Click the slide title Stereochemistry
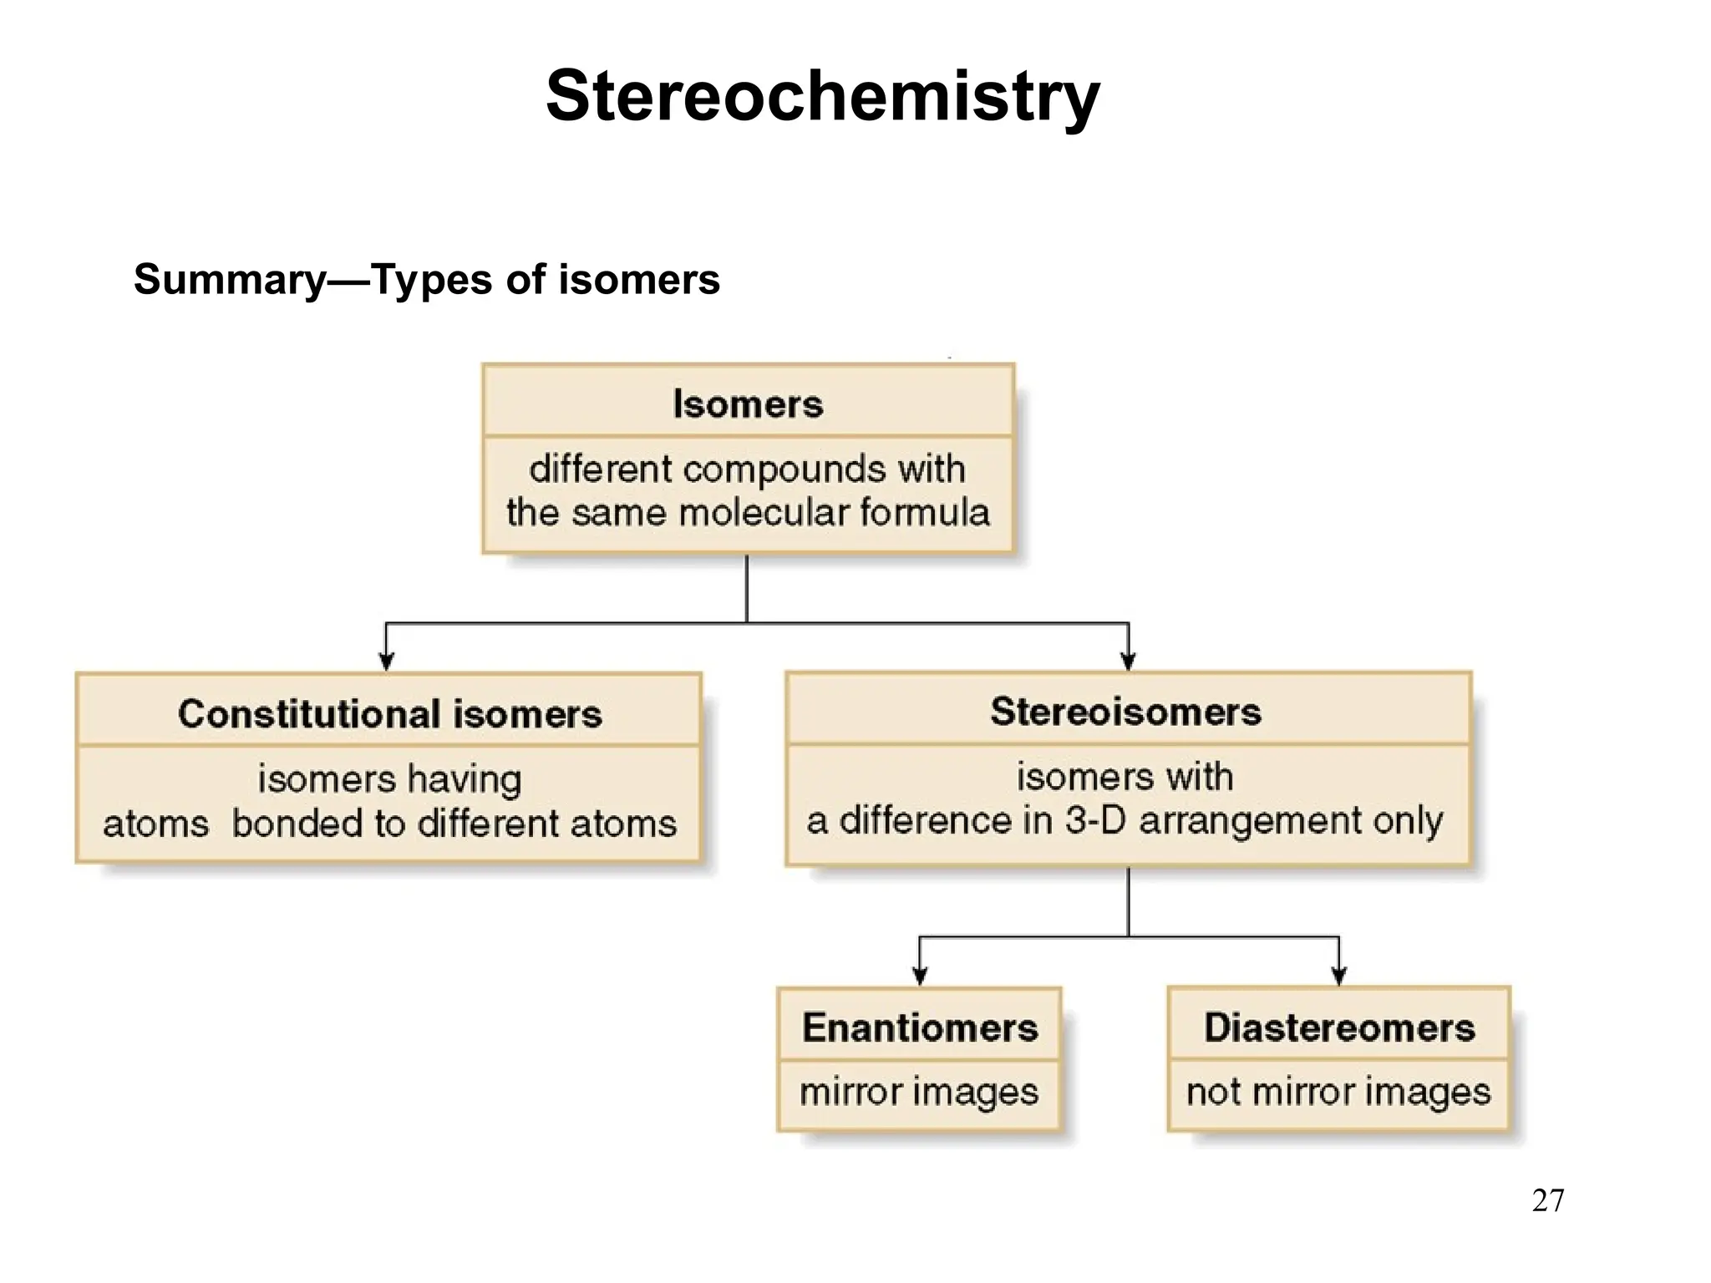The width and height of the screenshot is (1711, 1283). [822, 97]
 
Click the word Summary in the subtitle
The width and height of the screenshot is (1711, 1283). [230, 280]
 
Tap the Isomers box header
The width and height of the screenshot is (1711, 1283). [748, 403]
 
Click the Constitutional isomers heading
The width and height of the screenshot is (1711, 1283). [389, 714]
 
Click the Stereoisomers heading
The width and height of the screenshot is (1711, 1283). [1125, 712]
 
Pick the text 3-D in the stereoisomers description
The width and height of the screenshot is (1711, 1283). [1096, 820]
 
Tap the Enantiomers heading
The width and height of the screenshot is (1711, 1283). [919, 1027]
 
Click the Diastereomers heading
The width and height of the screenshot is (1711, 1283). [1339, 1027]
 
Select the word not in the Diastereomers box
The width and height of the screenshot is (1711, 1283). [1213, 1092]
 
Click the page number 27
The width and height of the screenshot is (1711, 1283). [1547, 1200]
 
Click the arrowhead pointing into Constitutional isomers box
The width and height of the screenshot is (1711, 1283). [386, 662]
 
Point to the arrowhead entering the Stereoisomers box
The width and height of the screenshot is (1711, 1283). [1128, 662]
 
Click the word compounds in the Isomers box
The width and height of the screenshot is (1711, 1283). [784, 469]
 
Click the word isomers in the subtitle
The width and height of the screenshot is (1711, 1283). [638, 280]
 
